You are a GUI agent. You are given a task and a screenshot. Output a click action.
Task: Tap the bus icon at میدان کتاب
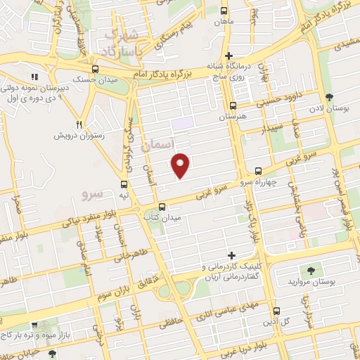pos(163,207)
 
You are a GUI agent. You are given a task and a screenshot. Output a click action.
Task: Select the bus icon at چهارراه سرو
pos(258,171)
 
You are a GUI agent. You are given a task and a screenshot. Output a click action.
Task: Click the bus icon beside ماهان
pos(224,11)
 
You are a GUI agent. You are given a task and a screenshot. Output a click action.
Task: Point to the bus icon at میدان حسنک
pos(95,69)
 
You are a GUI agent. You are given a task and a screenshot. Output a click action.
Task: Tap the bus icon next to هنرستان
pos(233,105)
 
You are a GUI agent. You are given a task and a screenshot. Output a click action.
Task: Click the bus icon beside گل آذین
pos(276,311)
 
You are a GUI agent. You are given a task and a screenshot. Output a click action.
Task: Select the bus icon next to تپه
pos(124,181)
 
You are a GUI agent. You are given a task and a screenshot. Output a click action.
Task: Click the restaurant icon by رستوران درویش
pos(79,122)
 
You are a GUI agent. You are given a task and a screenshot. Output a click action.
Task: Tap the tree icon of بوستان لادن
pos(329,98)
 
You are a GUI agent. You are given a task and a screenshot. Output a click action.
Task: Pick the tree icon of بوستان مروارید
pos(309,270)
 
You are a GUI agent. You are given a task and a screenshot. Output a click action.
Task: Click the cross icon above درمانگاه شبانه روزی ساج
pos(229,55)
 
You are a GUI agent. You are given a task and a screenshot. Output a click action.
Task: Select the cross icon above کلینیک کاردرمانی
pos(231,255)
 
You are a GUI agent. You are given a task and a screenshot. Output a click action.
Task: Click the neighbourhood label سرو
pos(92,193)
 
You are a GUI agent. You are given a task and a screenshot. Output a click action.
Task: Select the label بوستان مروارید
pos(309,282)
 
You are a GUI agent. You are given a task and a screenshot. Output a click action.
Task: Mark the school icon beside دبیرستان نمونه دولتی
pos(33,77)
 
